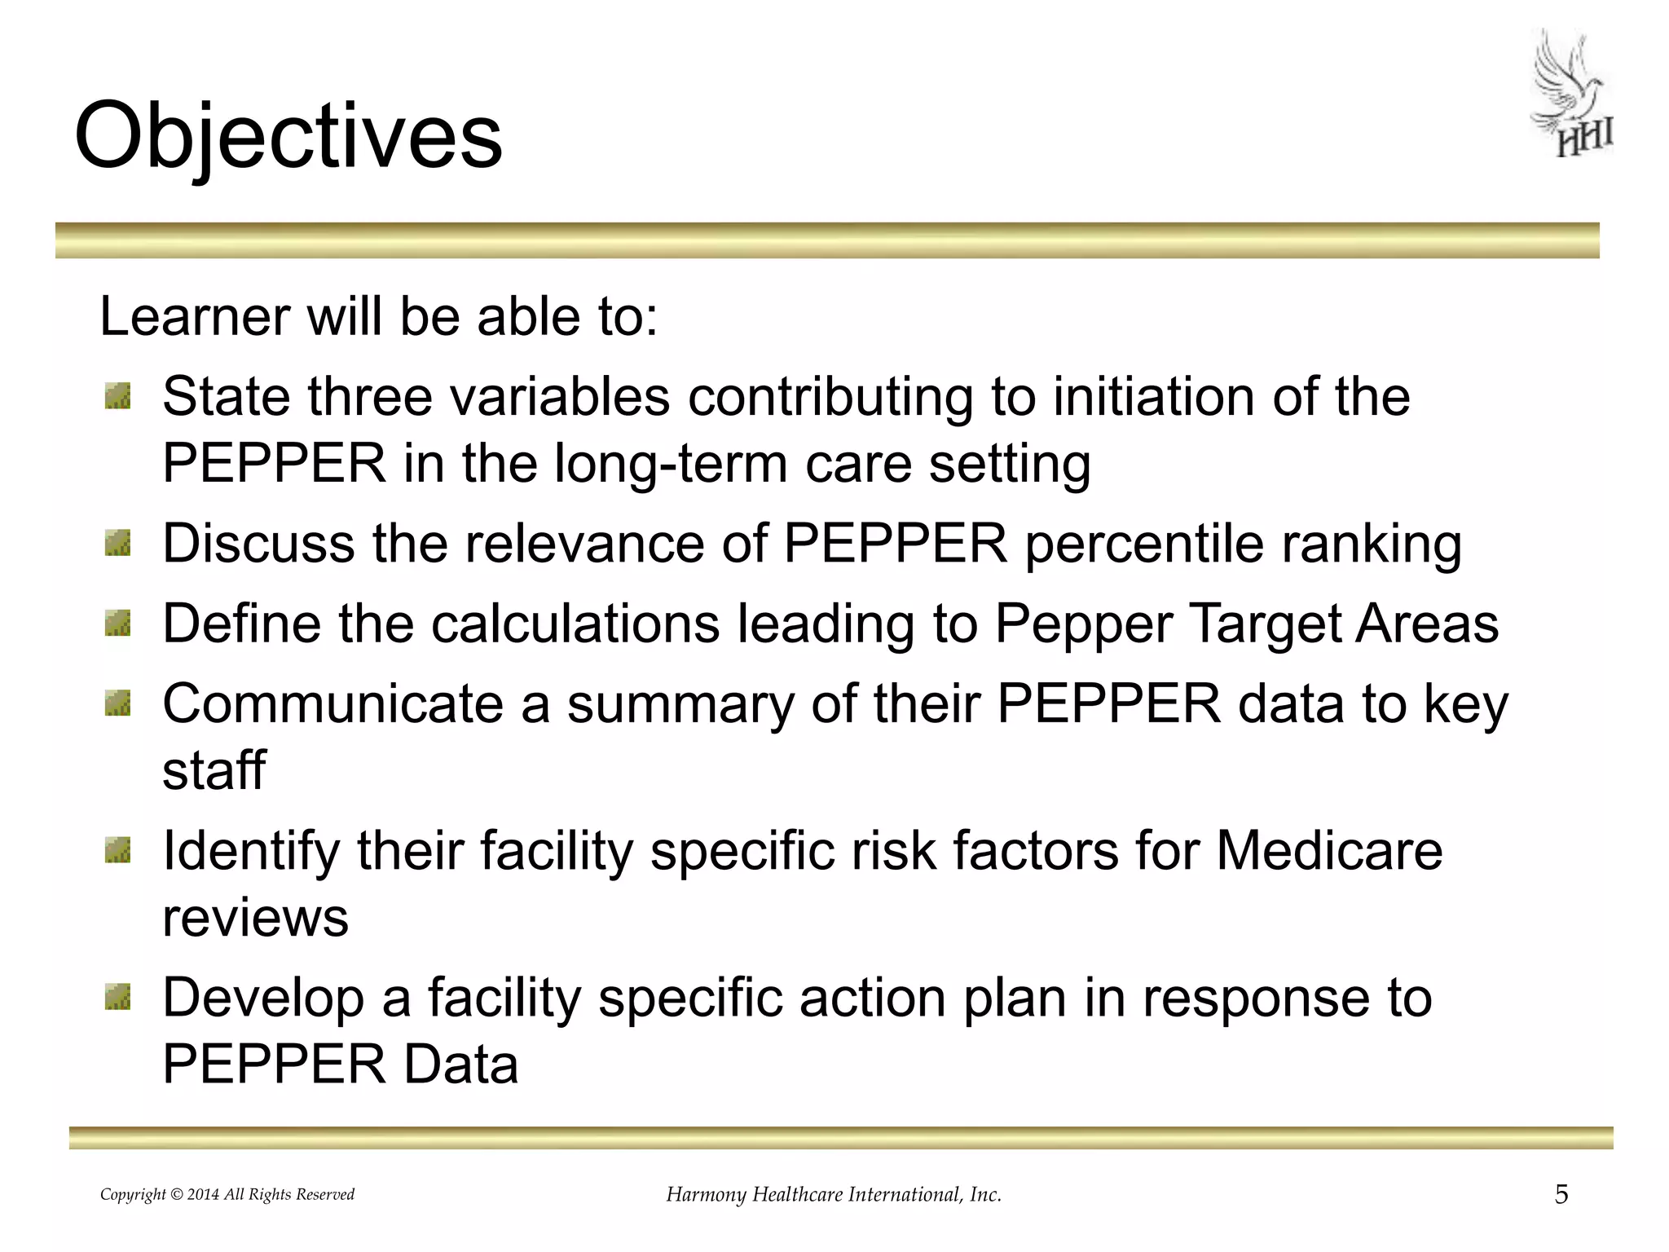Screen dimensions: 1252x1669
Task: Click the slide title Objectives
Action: click(x=288, y=137)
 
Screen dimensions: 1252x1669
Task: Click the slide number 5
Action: click(x=1561, y=1195)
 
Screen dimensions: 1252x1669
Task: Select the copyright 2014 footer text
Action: click(x=227, y=1195)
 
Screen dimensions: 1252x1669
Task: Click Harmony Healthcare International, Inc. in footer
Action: click(x=834, y=1195)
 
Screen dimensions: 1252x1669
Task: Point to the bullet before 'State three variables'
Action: click(x=118, y=398)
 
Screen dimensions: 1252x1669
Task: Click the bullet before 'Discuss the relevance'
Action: click(x=118, y=544)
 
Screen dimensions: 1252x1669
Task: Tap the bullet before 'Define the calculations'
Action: click(x=118, y=624)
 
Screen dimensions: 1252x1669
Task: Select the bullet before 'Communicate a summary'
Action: click(x=118, y=704)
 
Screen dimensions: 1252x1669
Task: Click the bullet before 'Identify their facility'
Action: click(x=118, y=851)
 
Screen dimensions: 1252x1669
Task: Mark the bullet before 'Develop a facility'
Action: click(x=118, y=998)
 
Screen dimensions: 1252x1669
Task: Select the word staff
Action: click(x=214, y=770)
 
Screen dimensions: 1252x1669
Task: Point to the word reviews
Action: click(x=255, y=918)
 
